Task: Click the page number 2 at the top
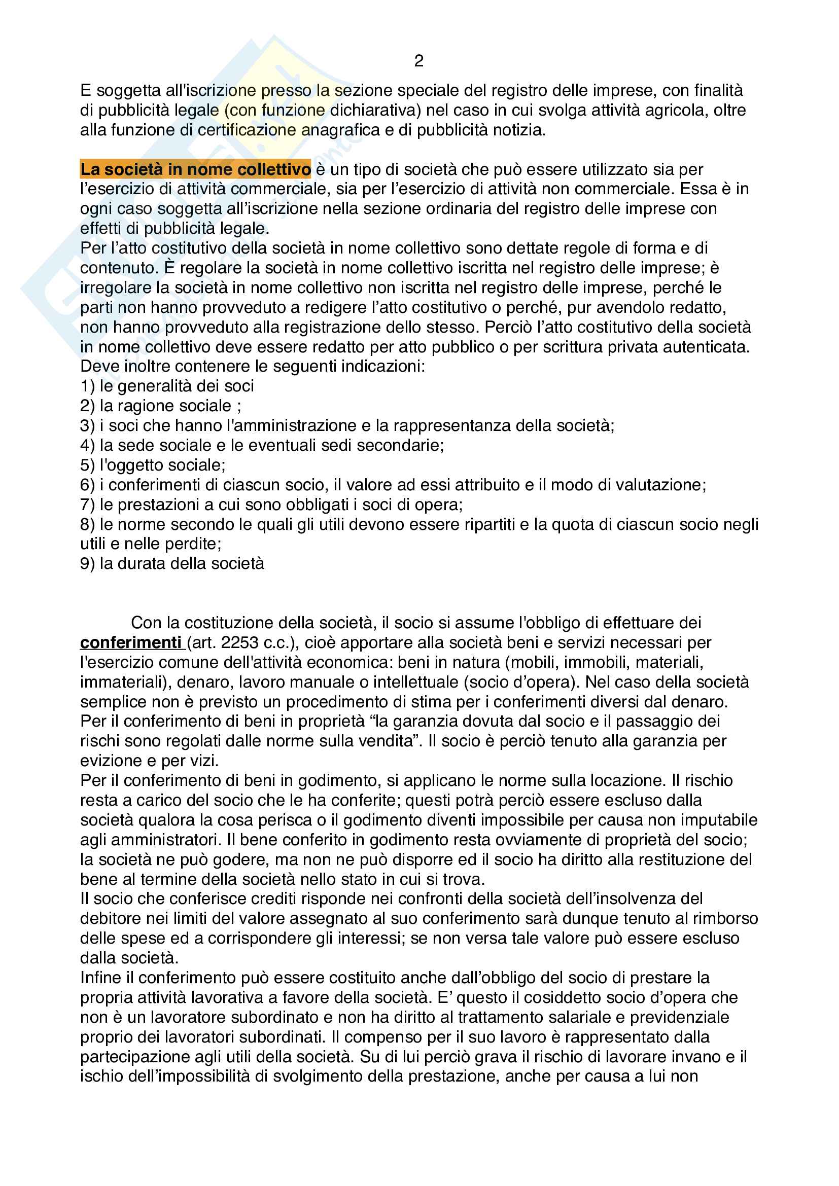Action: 418,61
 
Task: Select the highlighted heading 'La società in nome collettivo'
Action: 195,169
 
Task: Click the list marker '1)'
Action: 87,386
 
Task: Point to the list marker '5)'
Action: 87,465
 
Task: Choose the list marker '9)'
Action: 87,563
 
